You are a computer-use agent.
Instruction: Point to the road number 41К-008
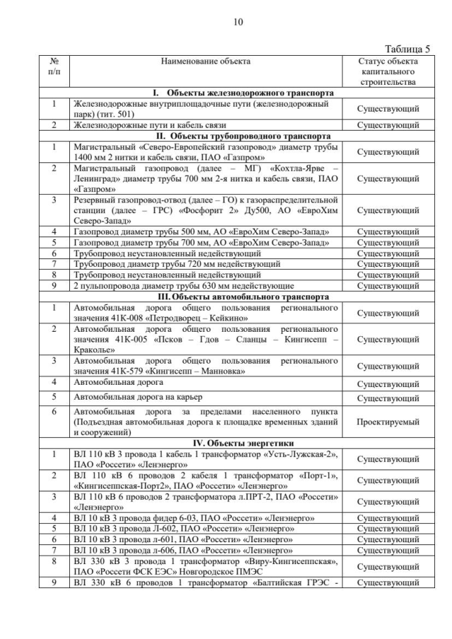[124, 318]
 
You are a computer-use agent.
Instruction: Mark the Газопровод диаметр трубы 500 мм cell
[201, 232]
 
